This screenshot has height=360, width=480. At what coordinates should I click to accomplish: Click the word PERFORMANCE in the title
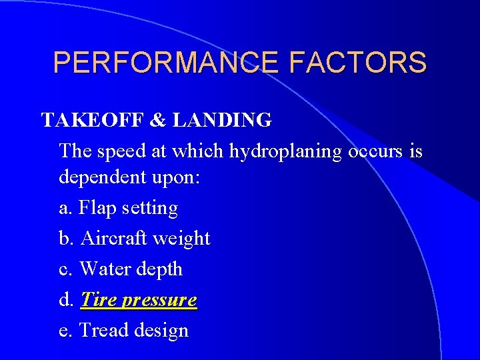(167, 63)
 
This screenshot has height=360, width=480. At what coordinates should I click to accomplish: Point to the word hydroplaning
(287, 151)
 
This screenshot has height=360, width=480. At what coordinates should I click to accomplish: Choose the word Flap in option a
(95, 209)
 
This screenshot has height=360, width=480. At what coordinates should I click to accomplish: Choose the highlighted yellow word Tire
(98, 299)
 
